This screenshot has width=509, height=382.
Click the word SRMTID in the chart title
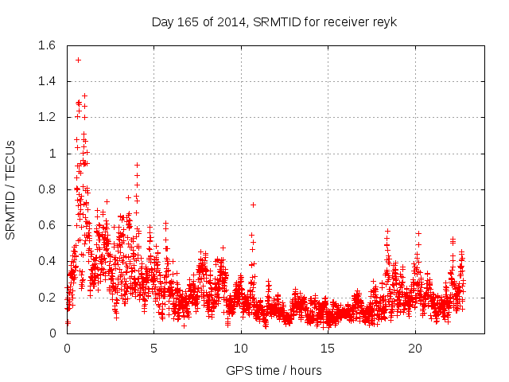(x=274, y=22)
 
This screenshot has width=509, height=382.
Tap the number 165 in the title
(x=188, y=22)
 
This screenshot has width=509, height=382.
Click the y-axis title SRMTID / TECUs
(x=11, y=189)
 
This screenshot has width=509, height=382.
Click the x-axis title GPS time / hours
(x=274, y=370)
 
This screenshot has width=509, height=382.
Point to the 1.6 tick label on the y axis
(x=47, y=45)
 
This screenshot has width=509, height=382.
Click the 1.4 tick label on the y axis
(x=47, y=81)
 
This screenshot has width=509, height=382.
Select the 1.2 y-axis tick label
(x=47, y=117)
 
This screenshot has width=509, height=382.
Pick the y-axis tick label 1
(x=53, y=154)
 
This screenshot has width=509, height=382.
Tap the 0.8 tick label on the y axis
(x=47, y=189)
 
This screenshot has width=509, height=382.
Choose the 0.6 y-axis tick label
(x=47, y=225)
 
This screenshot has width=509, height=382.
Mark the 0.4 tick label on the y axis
(x=47, y=261)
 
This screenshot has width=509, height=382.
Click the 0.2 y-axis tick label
(x=47, y=297)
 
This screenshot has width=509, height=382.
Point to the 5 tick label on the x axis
(x=153, y=349)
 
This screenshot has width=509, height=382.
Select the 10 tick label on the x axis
(x=241, y=349)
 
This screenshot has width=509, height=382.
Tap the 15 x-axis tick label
(x=328, y=349)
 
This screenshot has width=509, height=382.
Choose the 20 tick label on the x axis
(x=415, y=349)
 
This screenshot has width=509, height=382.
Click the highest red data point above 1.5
(x=78, y=60)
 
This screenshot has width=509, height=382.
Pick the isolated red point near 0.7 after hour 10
(x=253, y=205)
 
